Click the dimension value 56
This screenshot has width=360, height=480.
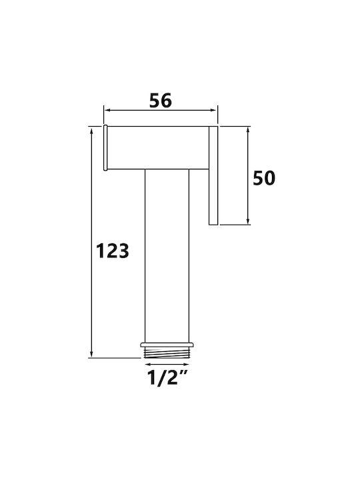(x=161, y=101)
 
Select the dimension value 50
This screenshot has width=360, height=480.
(x=264, y=178)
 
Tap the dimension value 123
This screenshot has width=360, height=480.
(x=113, y=251)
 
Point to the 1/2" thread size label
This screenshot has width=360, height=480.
(x=167, y=378)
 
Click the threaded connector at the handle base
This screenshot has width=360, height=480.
(x=167, y=353)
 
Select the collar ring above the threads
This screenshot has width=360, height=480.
(x=167, y=345)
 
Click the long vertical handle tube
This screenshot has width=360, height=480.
(x=167, y=255)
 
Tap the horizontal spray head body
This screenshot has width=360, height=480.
(x=157, y=147)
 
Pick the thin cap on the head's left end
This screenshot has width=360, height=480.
(x=105, y=147)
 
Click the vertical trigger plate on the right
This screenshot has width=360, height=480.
(x=213, y=175)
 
